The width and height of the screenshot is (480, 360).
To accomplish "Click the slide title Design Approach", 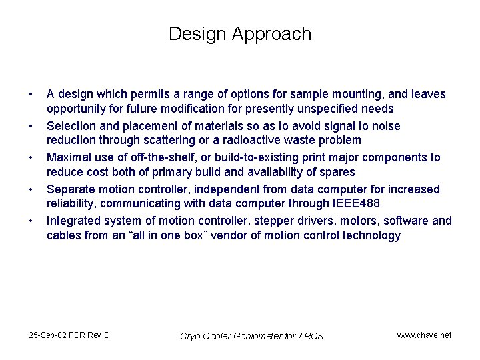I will click(240, 34).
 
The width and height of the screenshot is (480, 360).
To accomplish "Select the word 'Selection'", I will click(71, 126).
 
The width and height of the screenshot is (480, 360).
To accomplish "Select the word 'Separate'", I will click(71, 189).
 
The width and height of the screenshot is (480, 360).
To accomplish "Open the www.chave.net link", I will click(424, 335).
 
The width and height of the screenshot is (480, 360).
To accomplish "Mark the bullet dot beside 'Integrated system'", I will click(31, 221).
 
